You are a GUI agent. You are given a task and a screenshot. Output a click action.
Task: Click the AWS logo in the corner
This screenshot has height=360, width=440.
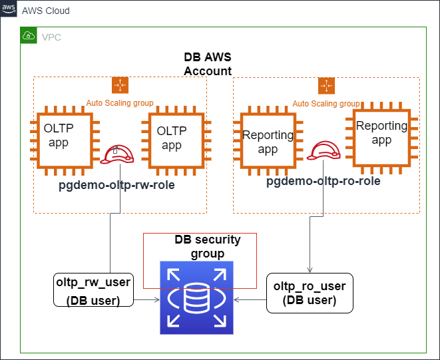[9, 9]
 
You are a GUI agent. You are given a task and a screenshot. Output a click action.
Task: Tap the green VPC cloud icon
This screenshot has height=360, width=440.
[29, 35]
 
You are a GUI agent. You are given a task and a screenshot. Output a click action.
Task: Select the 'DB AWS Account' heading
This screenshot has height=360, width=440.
[208, 64]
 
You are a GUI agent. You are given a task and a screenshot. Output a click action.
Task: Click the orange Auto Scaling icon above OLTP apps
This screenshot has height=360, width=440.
[120, 85]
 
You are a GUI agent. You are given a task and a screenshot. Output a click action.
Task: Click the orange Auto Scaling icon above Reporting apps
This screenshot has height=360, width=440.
[326, 86]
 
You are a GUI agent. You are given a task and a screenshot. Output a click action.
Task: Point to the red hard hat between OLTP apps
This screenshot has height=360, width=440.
[117, 154]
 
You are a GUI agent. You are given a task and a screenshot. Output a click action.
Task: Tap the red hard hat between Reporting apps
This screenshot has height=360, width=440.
[324, 150]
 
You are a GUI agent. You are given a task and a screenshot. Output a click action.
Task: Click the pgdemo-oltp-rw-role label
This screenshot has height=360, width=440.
[116, 185]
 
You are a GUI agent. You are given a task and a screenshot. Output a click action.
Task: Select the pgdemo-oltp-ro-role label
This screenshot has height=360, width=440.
[324, 181]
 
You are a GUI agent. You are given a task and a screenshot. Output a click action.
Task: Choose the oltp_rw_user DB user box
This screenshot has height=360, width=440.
[93, 289]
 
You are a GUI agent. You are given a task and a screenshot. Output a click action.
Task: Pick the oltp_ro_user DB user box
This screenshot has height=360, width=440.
[310, 293]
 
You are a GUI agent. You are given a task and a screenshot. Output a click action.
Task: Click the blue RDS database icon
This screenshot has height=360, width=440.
[196, 297]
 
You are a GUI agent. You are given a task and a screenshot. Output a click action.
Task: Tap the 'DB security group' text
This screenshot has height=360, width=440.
[208, 247]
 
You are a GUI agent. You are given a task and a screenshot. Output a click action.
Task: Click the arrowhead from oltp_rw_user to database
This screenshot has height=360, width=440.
[158, 299]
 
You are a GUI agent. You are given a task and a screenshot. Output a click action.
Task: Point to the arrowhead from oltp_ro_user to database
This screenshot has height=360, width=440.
[236, 299]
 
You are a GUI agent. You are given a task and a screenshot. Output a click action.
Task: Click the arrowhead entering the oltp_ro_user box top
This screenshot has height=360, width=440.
[310, 271]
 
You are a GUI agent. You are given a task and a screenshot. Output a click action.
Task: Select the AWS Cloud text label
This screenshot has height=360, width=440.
[46, 11]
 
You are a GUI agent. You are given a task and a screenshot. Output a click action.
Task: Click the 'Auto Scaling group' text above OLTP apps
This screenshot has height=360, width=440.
[120, 103]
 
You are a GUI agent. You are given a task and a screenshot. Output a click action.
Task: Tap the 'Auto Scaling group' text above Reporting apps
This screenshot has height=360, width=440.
[326, 104]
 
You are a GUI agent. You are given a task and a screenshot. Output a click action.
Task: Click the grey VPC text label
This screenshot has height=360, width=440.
[51, 37]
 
